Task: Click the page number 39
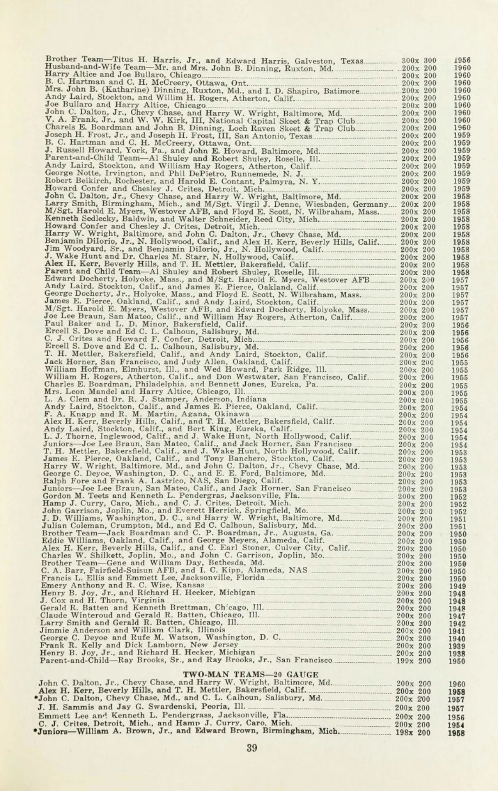252,748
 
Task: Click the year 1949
457,586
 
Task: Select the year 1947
457,616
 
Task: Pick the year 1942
457,624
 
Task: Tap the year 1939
457,646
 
